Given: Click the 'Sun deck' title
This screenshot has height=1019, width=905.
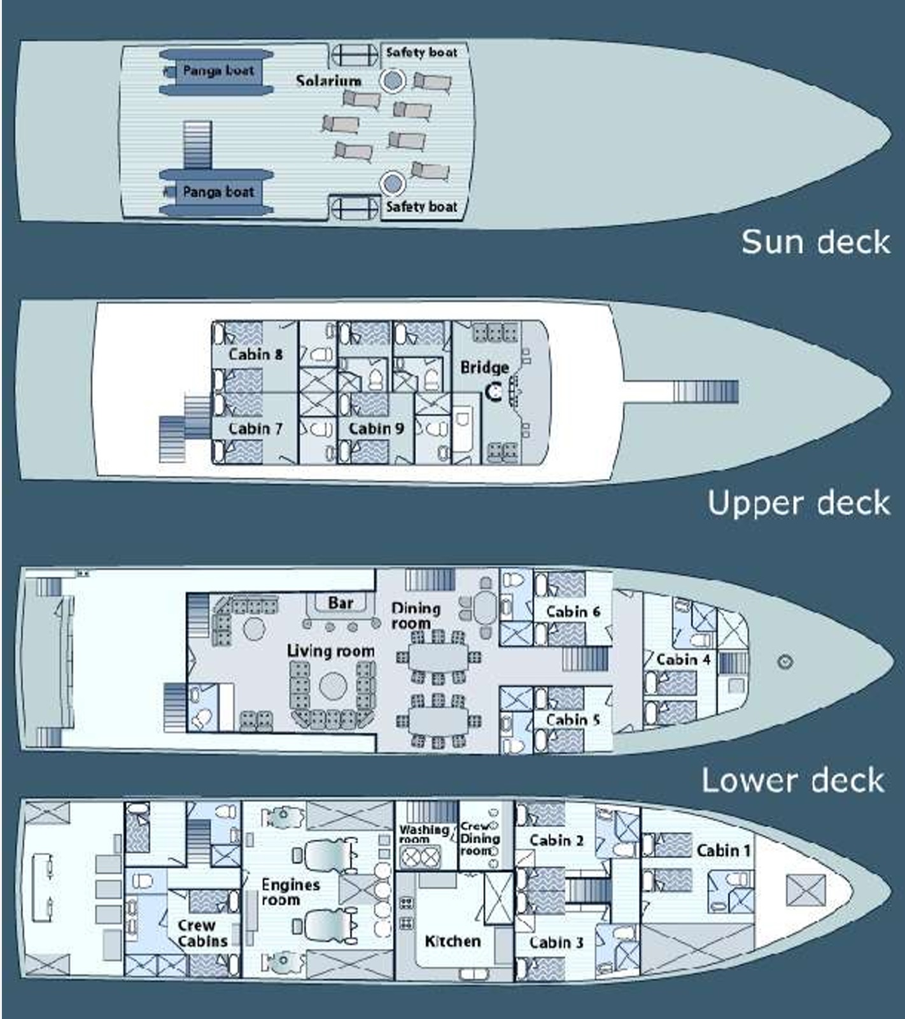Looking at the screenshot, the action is (x=815, y=242).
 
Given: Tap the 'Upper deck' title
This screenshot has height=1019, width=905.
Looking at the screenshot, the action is (x=799, y=503).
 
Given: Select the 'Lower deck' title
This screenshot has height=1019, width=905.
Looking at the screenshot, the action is (x=793, y=780).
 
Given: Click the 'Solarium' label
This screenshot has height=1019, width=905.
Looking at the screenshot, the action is (x=328, y=81).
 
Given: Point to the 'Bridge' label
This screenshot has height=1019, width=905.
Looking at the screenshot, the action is (x=484, y=367).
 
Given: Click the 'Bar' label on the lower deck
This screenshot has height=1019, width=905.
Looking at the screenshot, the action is (x=340, y=602).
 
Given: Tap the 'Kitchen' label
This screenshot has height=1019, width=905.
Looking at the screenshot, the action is (x=452, y=941).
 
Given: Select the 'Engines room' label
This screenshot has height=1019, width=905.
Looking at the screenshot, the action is (x=290, y=892).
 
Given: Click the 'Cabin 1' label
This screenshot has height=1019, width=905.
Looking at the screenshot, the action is (x=724, y=850).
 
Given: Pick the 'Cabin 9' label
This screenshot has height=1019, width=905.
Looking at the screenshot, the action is (x=376, y=429).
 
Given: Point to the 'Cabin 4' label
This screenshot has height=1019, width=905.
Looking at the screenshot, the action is (x=683, y=660).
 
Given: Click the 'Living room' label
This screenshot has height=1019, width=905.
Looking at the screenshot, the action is (x=330, y=651).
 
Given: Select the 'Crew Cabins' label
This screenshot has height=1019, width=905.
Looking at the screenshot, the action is (x=202, y=933).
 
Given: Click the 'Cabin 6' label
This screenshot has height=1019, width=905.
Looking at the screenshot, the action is (x=573, y=611).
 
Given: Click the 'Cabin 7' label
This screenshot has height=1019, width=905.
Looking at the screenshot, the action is (x=255, y=429).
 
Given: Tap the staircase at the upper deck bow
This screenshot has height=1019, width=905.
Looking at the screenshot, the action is (x=706, y=391).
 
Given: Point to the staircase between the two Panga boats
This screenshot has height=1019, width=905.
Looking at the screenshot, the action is (x=197, y=144).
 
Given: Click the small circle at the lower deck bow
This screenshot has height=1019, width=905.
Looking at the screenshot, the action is (x=785, y=662).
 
